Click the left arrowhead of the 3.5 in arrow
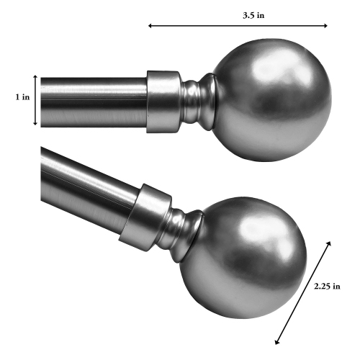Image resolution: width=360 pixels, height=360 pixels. coord(150,26)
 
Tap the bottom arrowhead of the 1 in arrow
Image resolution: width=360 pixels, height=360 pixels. coord(35,124)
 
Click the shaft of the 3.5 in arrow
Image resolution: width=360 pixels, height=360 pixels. coord(238,26)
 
